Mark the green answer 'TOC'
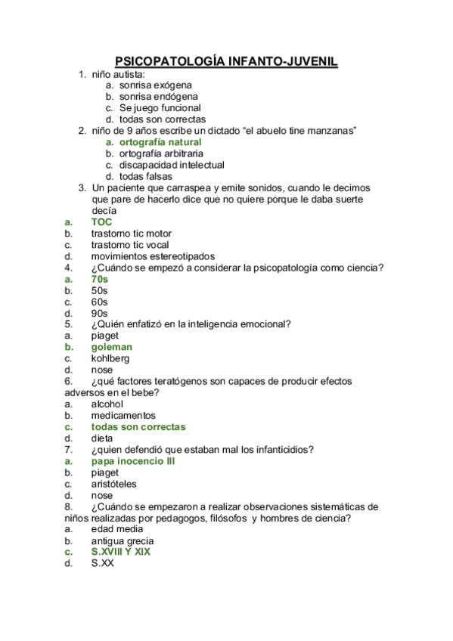101,222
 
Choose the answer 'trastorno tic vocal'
130,245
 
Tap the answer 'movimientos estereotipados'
153,256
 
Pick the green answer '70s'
100,279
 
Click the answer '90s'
100,313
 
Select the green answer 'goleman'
112,347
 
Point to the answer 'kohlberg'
110,358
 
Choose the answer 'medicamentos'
123,415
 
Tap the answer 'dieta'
102,438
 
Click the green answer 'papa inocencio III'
133,460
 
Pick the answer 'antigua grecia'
123,540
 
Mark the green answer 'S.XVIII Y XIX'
121,552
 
